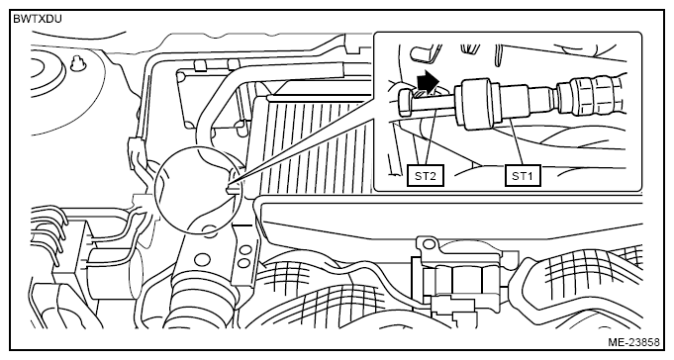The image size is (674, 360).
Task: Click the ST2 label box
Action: [x=426, y=176]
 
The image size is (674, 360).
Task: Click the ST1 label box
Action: [x=523, y=176]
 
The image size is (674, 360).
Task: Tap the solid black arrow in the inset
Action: [x=429, y=82]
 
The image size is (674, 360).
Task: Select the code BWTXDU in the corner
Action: [x=38, y=20]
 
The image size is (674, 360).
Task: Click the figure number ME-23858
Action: [x=633, y=342]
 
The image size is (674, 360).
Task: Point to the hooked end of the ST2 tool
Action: [x=406, y=102]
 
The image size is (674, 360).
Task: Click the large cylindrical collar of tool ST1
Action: [x=477, y=104]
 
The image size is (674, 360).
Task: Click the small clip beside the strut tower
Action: [x=78, y=64]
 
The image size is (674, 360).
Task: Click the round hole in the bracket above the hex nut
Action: [x=429, y=244]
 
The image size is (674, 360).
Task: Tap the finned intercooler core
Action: [x=313, y=146]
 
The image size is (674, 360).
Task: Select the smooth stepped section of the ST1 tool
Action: [x=529, y=103]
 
